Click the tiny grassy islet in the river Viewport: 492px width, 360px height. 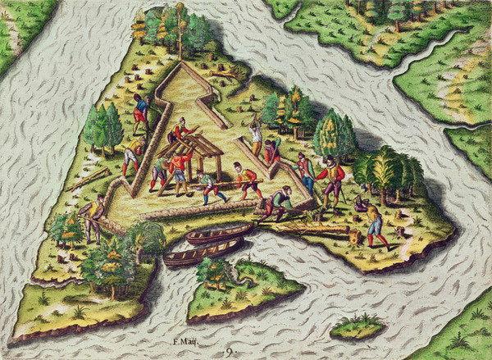[357, 327]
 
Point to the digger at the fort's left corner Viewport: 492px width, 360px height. [91, 216]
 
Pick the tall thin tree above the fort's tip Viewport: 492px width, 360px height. [178, 33]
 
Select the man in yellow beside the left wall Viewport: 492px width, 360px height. [131, 156]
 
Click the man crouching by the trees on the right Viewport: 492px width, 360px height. [361, 201]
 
